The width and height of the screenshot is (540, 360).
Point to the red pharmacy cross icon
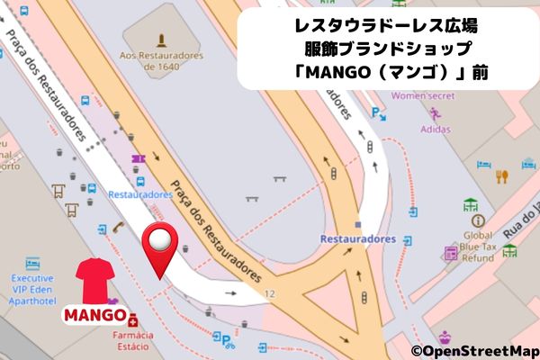coord(133,321)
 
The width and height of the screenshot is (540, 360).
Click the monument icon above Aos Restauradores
coord(159,40)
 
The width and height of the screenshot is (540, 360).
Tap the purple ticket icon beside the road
coord(138,160)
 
